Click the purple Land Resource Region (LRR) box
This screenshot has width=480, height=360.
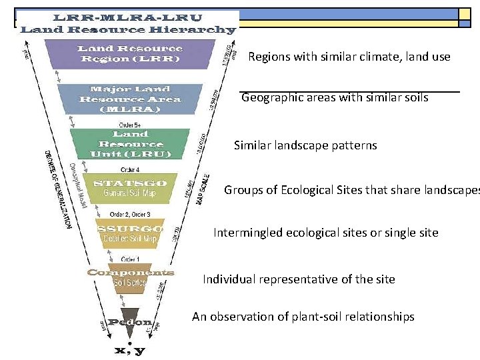tap(129, 53)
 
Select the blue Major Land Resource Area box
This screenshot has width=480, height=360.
tap(129, 99)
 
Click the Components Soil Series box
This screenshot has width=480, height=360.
tap(130, 277)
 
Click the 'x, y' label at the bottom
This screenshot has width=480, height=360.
tap(131, 349)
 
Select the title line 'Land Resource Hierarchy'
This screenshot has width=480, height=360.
tap(128, 29)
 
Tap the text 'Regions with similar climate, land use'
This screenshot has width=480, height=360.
tap(349, 57)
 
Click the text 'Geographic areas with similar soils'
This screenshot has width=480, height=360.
tap(335, 98)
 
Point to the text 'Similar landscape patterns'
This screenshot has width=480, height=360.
tap(305, 145)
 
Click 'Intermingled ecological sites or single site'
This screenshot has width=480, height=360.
tap(326, 233)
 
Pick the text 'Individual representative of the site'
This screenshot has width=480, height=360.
tap(299, 279)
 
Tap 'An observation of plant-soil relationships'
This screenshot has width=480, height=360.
tap(303, 317)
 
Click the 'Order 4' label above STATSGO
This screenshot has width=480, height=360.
tap(129, 169)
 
